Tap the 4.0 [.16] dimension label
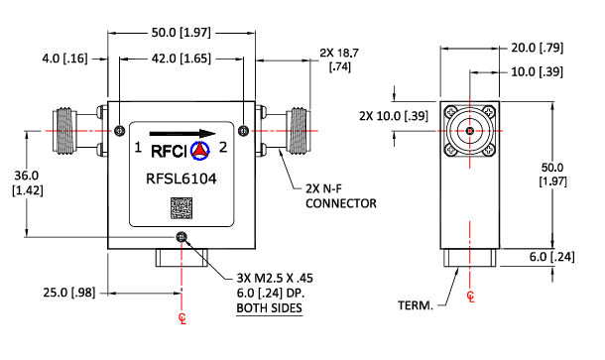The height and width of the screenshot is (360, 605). pos(64,60)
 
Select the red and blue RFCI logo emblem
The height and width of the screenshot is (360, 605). pos(199,152)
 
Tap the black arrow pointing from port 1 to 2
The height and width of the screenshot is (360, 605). pos(182,133)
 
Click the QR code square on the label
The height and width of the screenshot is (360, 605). pos(181,209)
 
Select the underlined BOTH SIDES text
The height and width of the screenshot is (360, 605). pos(269,309)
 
